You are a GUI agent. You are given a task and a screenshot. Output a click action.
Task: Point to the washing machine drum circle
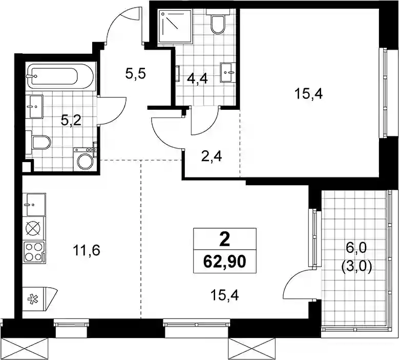tap(86, 161)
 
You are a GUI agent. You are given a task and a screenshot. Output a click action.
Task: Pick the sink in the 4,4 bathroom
tap(228, 72)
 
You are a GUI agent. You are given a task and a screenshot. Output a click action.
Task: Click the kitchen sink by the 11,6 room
tap(34, 205)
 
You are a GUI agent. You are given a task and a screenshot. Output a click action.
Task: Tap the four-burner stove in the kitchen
tap(34, 252)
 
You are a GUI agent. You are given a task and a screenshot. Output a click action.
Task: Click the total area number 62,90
tap(225, 262)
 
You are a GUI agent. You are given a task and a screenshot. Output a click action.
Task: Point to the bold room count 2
tap(225, 240)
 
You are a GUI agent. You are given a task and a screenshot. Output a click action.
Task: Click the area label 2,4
tap(212, 157)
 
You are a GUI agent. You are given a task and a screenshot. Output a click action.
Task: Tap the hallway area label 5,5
tap(135, 74)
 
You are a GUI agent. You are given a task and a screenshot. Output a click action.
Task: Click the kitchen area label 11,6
tap(87, 250)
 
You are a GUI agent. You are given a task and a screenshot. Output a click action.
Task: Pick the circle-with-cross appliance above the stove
tap(34, 229)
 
